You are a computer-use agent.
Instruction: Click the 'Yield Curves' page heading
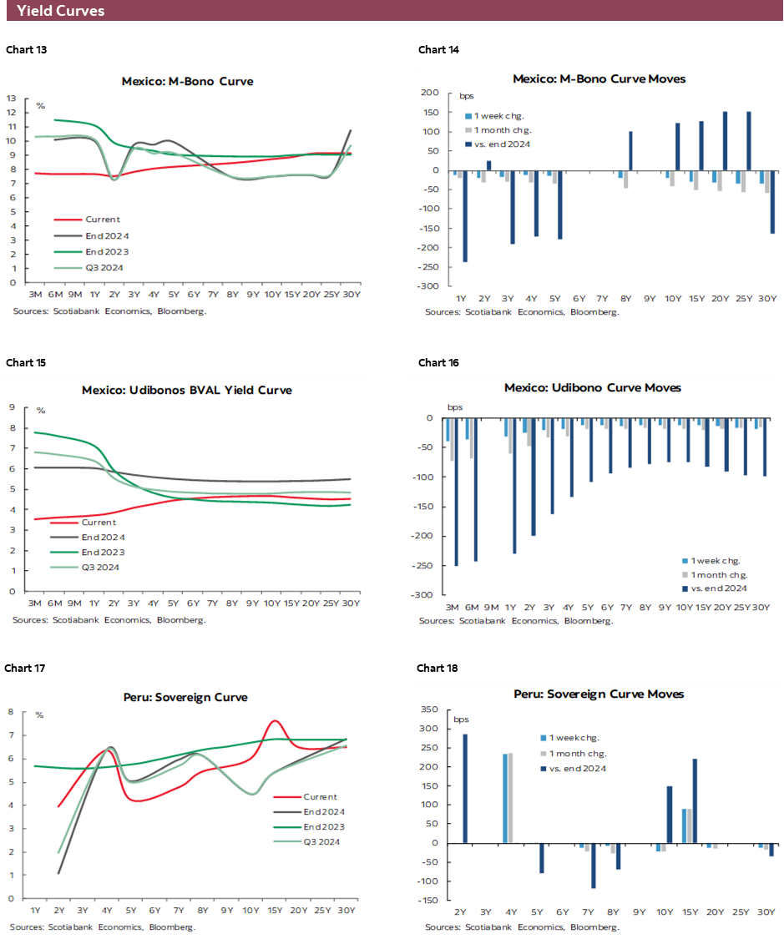point(60,11)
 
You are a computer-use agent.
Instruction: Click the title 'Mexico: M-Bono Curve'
point(187,82)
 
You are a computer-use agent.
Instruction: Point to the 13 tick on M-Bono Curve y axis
point(12,98)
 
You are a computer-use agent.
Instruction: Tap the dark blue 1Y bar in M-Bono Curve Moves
point(464,216)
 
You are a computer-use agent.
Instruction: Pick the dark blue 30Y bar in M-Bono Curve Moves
point(772,202)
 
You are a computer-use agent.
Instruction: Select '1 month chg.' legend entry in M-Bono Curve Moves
point(503,130)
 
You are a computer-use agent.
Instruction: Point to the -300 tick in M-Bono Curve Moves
point(429,286)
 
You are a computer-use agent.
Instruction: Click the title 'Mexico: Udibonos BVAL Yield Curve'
point(187,390)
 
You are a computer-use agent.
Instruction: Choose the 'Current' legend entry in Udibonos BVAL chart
point(99,522)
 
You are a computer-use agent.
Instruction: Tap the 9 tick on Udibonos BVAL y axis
point(13,407)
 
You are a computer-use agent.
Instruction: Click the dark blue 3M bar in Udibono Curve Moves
point(457,492)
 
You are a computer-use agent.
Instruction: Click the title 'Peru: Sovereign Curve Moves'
point(599,694)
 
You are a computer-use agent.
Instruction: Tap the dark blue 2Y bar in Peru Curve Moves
point(465,789)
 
